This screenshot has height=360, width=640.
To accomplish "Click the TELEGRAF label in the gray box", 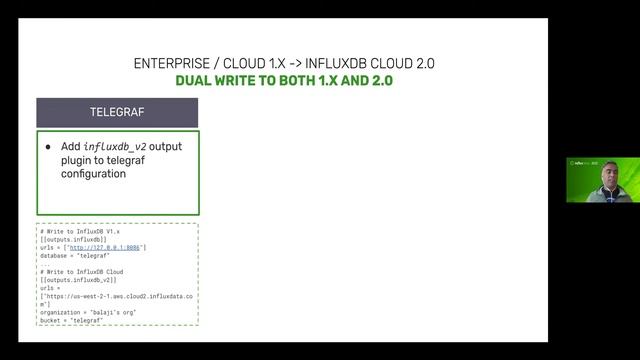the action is coord(117,112).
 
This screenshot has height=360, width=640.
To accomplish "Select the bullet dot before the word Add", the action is coord(48,147).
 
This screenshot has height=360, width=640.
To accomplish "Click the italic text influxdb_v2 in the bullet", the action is coord(113,147).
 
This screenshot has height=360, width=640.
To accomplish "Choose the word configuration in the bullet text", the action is coord(93,173).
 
